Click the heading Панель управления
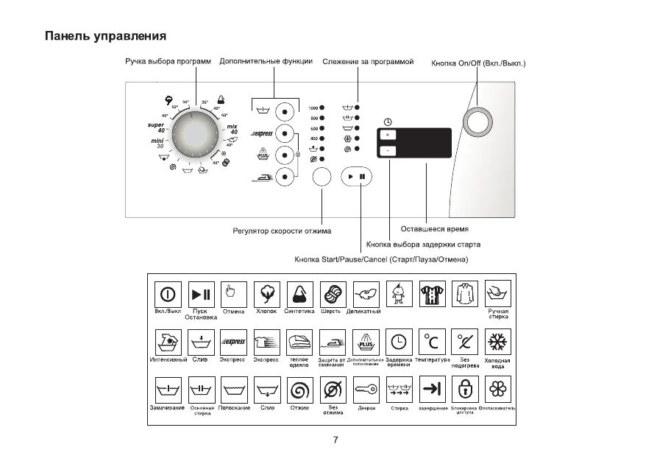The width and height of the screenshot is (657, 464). (105, 36)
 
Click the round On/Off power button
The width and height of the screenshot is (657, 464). (478, 122)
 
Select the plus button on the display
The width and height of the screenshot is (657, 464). (388, 135)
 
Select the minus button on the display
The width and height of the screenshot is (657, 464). (388, 151)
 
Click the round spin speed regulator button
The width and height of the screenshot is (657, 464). (322, 177)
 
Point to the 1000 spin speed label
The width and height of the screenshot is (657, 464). (313, 108)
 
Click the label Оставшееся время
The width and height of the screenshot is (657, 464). (434, 229)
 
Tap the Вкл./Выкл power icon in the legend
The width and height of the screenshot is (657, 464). (168, 294)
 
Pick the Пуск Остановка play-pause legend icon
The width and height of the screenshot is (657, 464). (201, 294)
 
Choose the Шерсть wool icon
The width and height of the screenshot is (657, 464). (332, 294)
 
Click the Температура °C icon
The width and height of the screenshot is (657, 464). (432, 342)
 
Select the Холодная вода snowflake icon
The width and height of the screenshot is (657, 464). (498, 342)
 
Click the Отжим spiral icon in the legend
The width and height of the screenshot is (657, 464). (299, 390)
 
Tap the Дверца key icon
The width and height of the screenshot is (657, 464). (366, 390)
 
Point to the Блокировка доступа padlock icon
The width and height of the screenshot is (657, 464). (465, 390)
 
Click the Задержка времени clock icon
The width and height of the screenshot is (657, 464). (399, 342)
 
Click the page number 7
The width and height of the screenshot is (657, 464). (335, 440)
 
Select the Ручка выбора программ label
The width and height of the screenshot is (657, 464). (167, 62)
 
